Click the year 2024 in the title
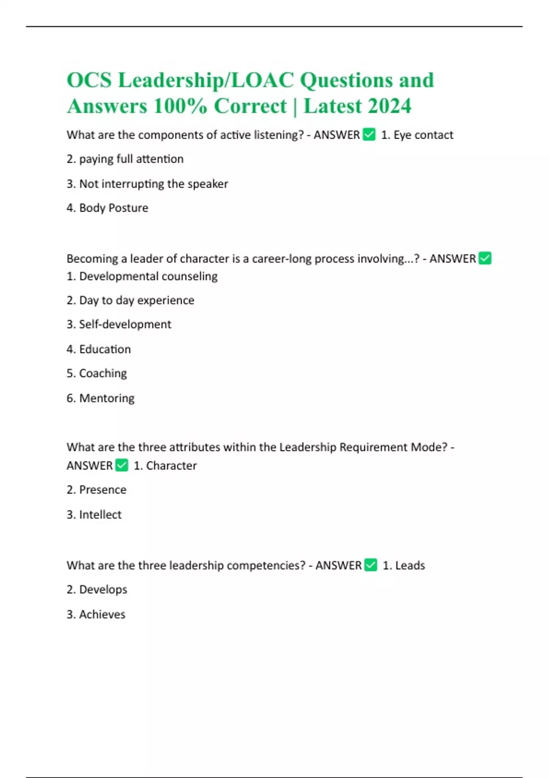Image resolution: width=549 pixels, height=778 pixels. coord(389,106)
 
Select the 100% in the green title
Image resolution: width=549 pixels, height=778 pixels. coord(181,106)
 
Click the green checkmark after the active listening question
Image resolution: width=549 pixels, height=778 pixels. coord(369,135)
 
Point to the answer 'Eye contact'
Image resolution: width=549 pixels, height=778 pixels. coord(423,135)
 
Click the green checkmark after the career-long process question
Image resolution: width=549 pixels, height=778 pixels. coord(484,259)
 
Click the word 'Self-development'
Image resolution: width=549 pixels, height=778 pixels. coord(125,324)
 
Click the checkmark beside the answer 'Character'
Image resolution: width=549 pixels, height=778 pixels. coord(122,465)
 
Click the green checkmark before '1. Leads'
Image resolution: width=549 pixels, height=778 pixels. coord(371,565)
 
